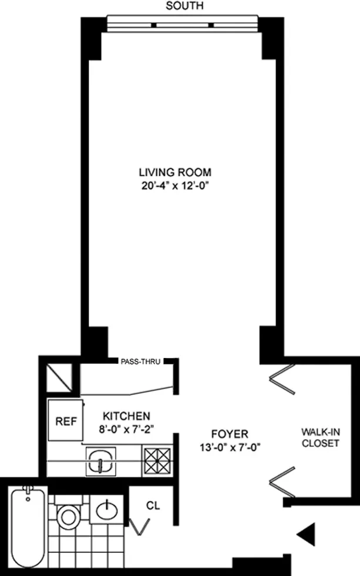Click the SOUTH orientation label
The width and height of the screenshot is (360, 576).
(185, 6)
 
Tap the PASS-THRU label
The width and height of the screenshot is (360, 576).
(141, 361)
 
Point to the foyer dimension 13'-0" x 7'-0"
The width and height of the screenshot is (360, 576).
(230, 447)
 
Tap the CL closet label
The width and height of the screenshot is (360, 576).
(153, 505)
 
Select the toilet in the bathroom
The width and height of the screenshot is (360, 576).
(69, 515)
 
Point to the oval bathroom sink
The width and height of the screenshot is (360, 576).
(107, 510)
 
